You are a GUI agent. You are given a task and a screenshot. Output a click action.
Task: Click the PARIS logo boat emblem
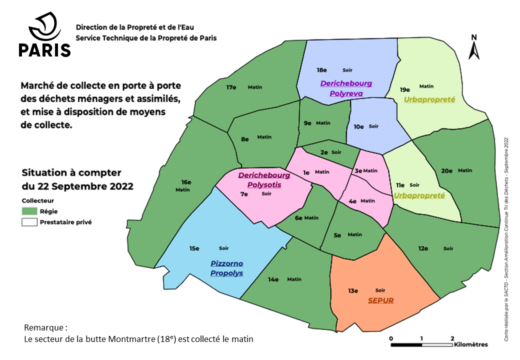45,27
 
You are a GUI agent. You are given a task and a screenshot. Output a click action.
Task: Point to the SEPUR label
381,300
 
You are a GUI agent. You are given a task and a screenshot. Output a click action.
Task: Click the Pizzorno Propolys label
226,268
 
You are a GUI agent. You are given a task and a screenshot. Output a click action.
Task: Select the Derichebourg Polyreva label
346,87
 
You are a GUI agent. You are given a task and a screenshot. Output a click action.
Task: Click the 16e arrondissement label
186,182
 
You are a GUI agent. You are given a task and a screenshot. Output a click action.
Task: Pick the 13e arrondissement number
353,290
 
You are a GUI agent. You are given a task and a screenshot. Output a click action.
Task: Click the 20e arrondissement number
446,170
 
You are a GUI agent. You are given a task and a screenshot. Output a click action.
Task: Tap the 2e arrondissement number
324,152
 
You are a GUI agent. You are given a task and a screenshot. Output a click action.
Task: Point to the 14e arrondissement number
273,279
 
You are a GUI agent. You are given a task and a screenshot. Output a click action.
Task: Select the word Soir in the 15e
223,248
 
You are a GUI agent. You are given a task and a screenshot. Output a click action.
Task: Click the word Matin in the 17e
254,87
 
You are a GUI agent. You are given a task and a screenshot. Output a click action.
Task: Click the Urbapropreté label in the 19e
429,99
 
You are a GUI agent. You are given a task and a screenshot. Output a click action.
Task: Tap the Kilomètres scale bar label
471,344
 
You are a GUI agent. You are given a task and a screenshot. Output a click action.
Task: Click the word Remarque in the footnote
44,328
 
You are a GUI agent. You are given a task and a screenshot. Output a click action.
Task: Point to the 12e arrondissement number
423,248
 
